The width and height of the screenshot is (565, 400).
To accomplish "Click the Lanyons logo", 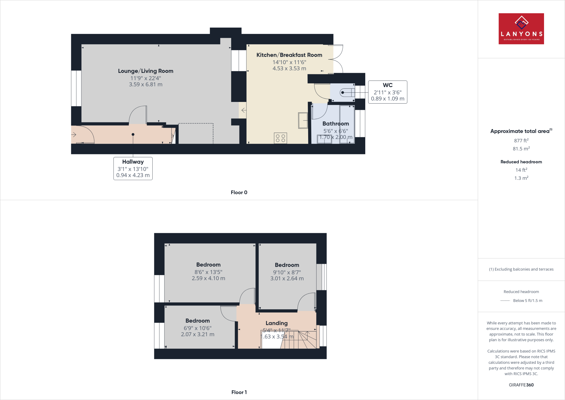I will [521, 29].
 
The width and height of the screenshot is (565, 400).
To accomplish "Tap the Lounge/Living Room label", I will [145, 71].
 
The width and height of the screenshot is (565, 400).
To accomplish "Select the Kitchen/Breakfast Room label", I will [289, 55].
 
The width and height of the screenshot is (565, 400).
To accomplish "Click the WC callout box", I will [387, 92].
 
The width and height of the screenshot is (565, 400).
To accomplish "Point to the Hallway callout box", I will [133, 169].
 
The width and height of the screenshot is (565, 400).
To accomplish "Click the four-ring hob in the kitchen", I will [280, 138].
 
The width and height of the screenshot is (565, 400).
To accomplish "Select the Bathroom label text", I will [335, 124].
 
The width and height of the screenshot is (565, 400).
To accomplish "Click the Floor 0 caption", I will [239, 193].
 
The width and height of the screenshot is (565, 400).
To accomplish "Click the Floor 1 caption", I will [239, 392].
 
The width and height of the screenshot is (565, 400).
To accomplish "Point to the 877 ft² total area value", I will [521, 141].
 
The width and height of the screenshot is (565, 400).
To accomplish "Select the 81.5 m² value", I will [521, 149].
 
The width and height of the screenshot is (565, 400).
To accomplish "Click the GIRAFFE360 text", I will [521, 385].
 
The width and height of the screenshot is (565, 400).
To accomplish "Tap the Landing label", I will [276, 323].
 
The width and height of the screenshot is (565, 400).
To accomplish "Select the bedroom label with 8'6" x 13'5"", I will [208, 265].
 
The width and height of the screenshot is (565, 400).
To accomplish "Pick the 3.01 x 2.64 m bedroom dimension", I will [287, 278].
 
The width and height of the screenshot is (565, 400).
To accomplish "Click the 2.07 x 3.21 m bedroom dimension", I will [198, 334].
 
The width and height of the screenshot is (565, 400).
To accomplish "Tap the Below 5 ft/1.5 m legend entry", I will [527, 301].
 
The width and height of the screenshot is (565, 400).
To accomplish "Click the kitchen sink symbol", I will [303, 120].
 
